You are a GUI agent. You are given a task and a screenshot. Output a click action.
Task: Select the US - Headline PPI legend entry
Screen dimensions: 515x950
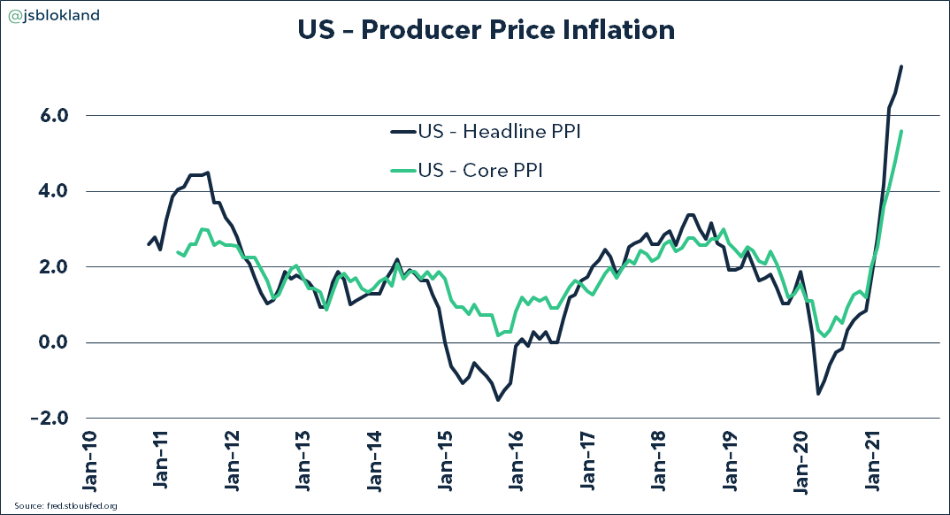click(486, 133)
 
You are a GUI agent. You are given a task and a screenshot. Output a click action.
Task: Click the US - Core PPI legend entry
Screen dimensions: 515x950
click(467, 171)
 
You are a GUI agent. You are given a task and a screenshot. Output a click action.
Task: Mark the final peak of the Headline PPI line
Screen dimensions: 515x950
click(901, 66)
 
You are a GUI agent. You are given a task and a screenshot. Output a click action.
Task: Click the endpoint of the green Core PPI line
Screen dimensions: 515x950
click(901, 131)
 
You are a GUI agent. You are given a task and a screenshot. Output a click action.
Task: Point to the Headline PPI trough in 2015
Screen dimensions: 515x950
click(498, 400)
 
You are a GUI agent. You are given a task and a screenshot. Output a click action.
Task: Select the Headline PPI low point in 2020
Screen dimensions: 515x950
click(817, 393)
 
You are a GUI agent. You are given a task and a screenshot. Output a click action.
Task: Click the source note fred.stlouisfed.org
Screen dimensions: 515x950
click(61, 505)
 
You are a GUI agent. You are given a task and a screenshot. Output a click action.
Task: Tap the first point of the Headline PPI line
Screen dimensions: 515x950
click(149, 244)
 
